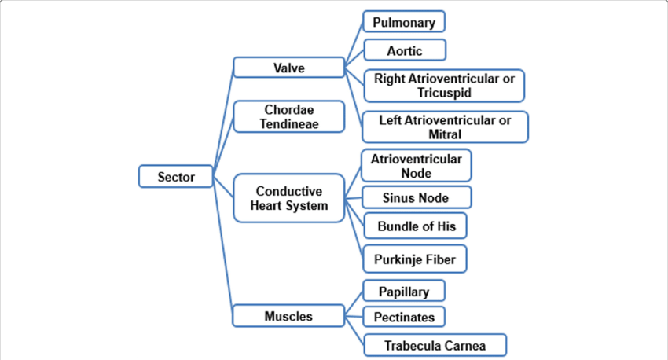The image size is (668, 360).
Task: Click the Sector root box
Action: click(x=177, y=176)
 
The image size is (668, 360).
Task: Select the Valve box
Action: click(x=288, y=68)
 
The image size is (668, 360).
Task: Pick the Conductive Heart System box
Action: click(x=288, y=198)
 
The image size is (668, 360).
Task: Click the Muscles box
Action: click(x=288, y=317)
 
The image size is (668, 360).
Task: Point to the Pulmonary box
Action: click(x=404, y=23)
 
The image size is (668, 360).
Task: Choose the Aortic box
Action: click(x=404, y=50)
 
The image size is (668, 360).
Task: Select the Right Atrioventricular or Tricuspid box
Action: click(x=444, y=86)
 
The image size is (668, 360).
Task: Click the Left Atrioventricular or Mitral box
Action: click(x=444, y=127)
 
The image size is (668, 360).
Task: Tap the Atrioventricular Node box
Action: click(x=416, y=165)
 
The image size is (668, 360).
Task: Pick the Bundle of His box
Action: click(x=416, y=226)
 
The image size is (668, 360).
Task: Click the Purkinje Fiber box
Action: click(x=416, y=258)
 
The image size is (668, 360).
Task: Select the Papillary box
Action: click(x=404, y=292)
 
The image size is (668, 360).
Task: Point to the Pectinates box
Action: click(x=404, y=317)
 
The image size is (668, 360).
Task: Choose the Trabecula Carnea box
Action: click(x=435, y=345)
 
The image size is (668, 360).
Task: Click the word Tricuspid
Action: click(x=445, y=93)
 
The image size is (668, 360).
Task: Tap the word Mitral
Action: click(x=445, y=134)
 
